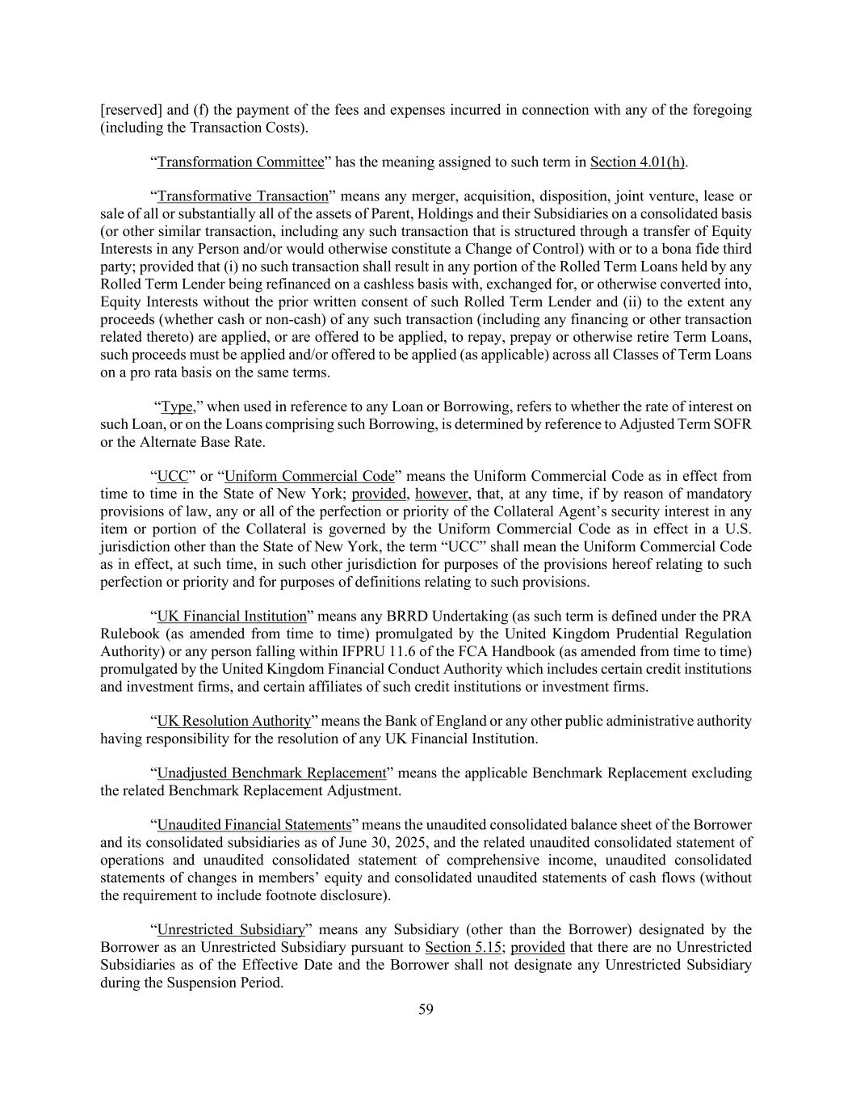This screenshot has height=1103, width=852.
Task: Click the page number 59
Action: pyautogui.click(x=426, y=1009)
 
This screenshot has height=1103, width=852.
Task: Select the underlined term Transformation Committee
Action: pyautogui.click(x=241, y=162)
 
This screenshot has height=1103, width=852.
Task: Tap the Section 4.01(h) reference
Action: pyautogui.click(x=638, y=162)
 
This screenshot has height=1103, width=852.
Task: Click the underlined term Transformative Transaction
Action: pyautogui.click(x=243, y=196)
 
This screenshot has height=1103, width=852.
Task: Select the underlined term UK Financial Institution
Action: pyautogui.click(x=232, y=617)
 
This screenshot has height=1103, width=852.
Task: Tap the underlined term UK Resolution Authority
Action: pyautogui.click(x=234, y=721)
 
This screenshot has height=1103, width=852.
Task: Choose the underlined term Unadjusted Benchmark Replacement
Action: pyautogui.click(x=272, y=773)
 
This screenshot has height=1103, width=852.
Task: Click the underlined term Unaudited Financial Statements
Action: pyautogui.click(x=254, y=825)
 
